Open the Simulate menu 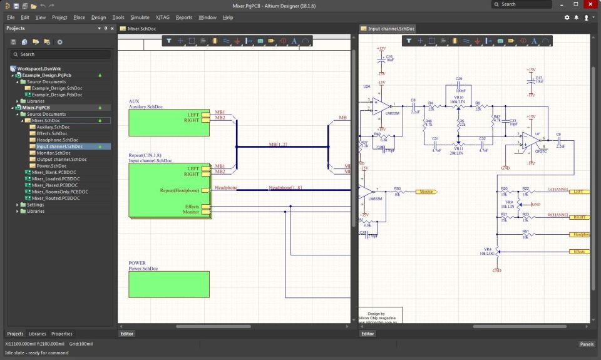coord(140,18)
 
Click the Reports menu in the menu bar coord(184,18)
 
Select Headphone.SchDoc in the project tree coord(53,140)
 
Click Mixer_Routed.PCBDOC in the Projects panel coord(56,198)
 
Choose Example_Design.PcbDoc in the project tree coord(57,95)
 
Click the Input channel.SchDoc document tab coord(391,29)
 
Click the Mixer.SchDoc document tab coord(142,29)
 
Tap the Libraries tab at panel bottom coord(37,334)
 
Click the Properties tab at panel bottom coord(62,334)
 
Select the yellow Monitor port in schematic coord(426,192)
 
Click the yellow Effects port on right coord(579,252)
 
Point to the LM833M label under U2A coord(393,113)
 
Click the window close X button coord(592,4)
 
